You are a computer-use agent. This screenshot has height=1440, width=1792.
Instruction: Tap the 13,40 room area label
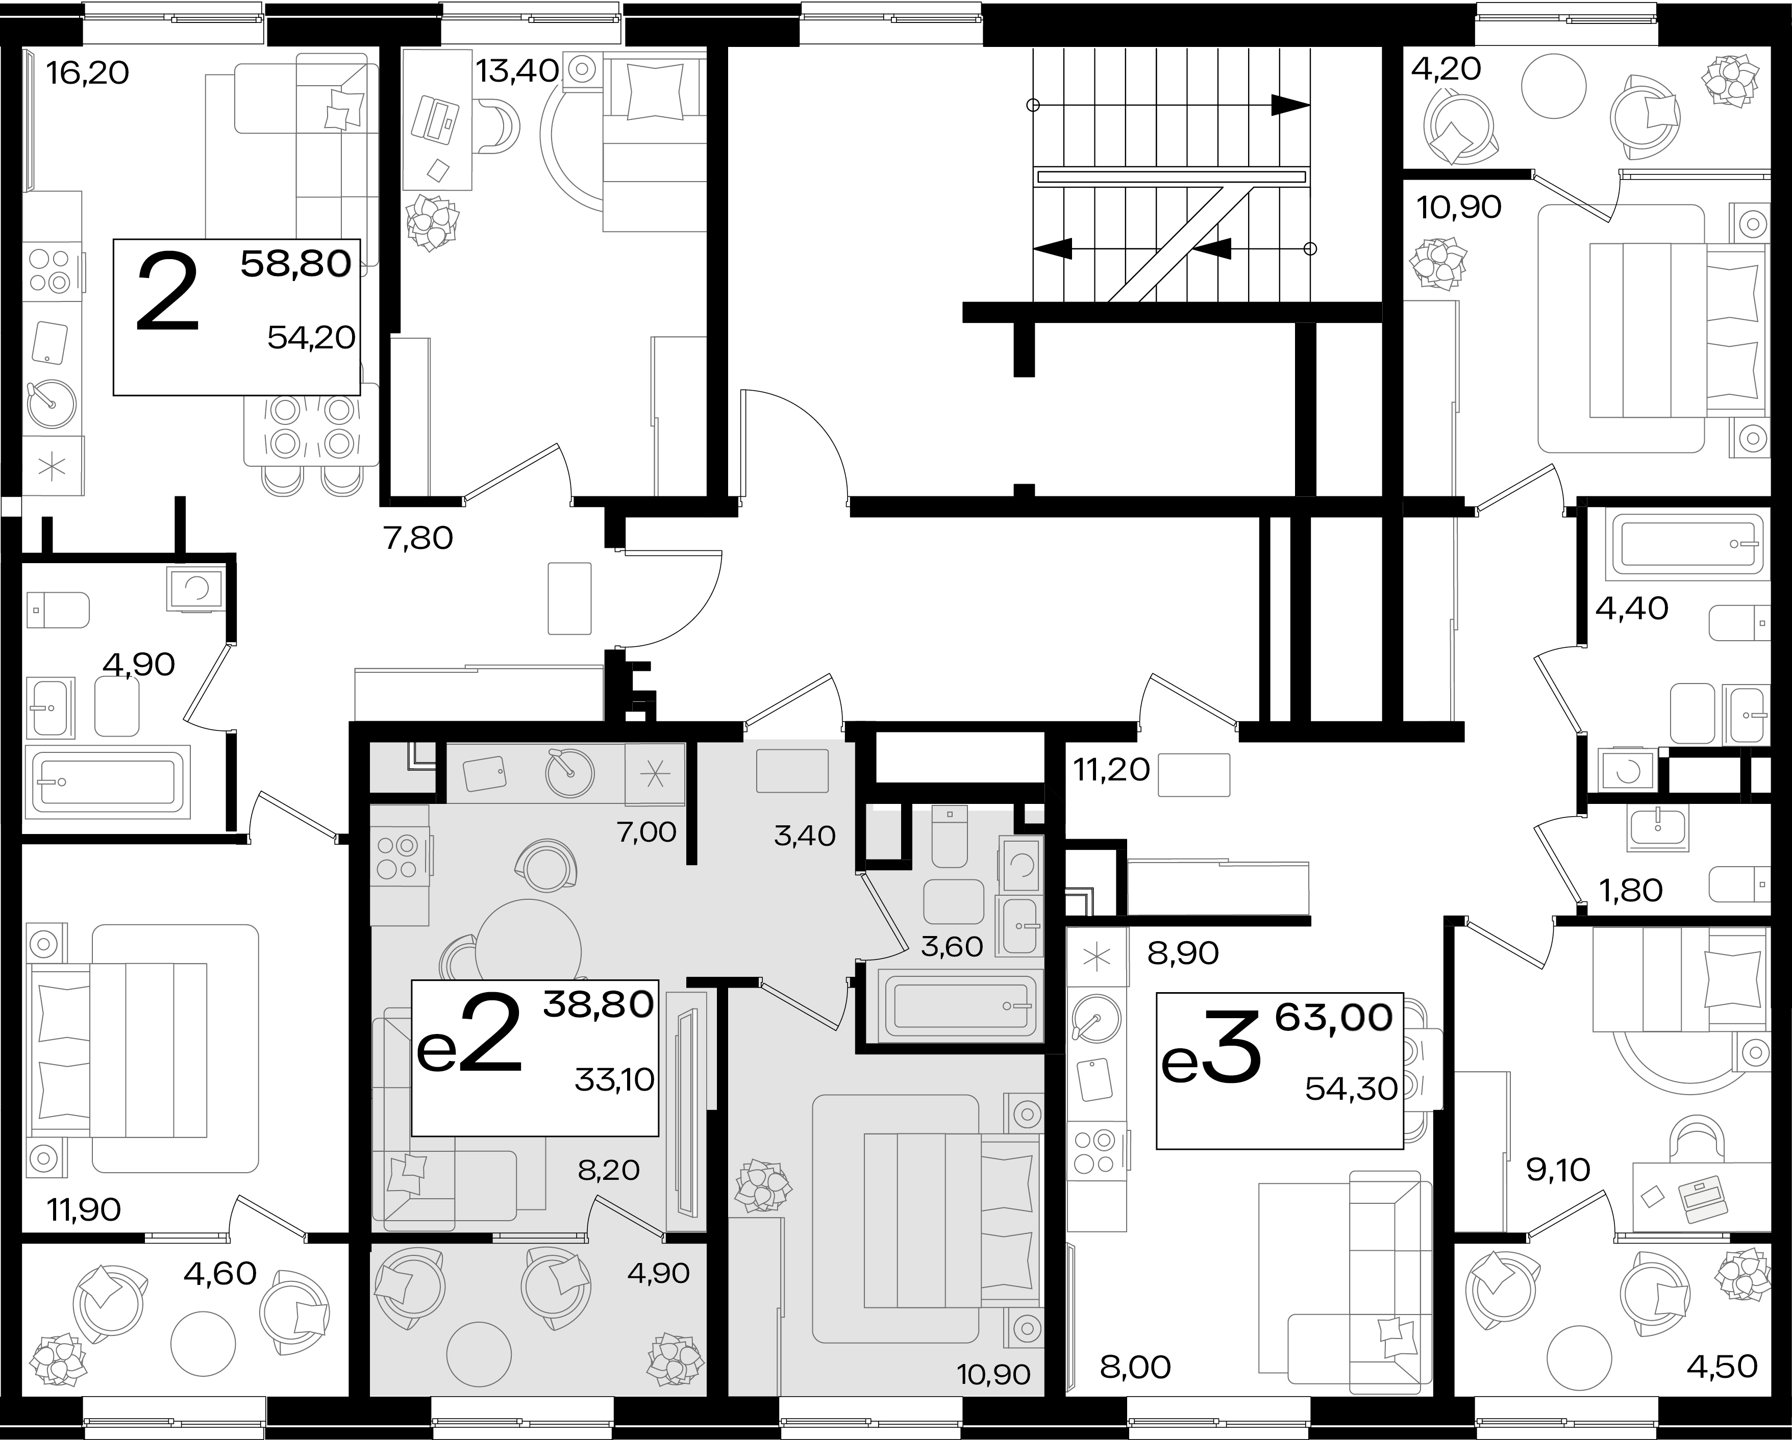[x=516, y=71]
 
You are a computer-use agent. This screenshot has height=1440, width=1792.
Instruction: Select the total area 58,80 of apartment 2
[x=296, y=264]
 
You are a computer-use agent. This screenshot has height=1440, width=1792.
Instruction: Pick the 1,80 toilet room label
[x=1631, y=891]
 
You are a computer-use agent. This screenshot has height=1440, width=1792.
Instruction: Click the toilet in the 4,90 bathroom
[x=58, y=611]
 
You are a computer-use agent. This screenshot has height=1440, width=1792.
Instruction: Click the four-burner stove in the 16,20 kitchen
[x=51, y=271]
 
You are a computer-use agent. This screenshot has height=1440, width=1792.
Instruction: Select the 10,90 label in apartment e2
[x=993, y=1374]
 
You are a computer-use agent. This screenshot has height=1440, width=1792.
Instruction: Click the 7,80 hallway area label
[x=418, y=539]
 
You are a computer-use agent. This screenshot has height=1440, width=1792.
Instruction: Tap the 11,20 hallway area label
[x=1111, y=770]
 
